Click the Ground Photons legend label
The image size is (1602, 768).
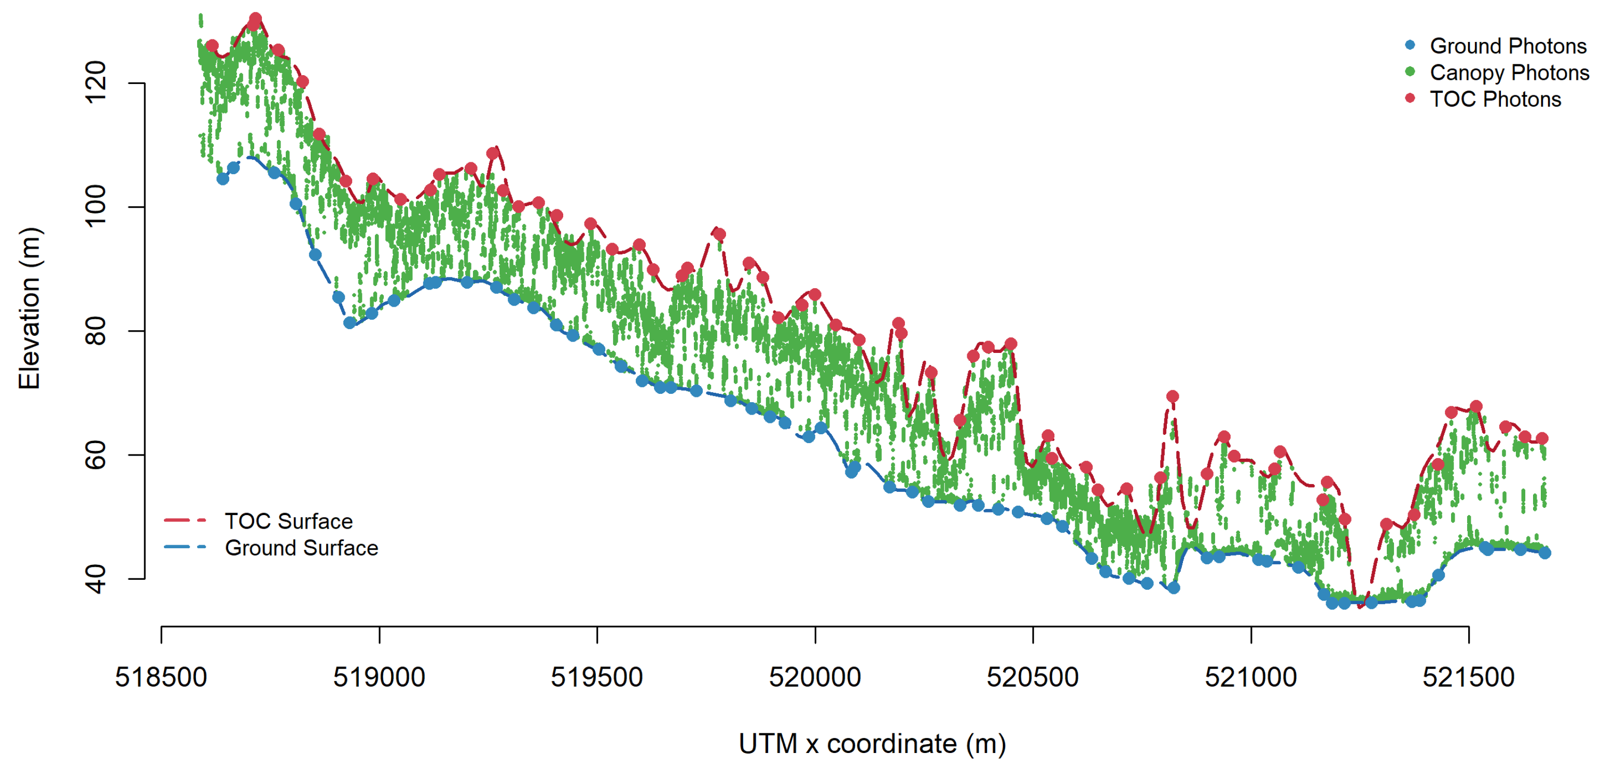tap(1508, 46)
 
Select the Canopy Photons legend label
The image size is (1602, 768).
tap(1509, 73)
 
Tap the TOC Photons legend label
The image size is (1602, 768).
tap(1495, 99)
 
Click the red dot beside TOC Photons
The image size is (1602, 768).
tap(1410, 98)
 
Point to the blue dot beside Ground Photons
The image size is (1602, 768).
tap(1410, 45)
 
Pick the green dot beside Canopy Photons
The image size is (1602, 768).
tap(1410, 72)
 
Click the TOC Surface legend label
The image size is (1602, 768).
tap(288, 521)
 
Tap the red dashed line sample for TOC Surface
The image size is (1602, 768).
tap(184, 520)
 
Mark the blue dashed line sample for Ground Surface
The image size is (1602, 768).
tap(184, 547)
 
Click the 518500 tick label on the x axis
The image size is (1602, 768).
tap(161, 677)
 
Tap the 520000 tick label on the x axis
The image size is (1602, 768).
tap(815, 677)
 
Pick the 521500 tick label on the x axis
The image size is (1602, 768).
tap(1468, 677)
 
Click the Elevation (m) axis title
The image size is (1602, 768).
tap(29, 309)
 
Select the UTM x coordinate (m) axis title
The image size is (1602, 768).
tap(872, 743)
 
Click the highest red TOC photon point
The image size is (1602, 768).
tap(255, 19)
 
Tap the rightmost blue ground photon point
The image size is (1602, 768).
tap(1544, 552)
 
